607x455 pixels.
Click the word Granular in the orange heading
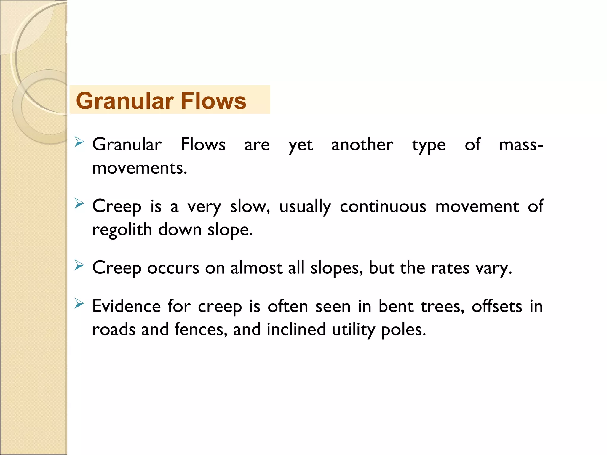pos(124,101)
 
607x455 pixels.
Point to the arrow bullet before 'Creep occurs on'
pos(79,265)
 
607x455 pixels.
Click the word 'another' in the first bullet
pos(362,145)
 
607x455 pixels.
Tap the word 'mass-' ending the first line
pos(521,145)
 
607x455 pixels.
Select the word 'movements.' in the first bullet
pos(140,168)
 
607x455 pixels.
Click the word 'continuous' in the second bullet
pos(383,206)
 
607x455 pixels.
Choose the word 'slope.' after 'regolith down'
pos(230,230)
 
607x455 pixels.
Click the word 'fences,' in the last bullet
pos(201,329)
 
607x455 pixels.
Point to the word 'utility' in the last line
pos(353,330)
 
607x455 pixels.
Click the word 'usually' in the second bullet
pos(305,207)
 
